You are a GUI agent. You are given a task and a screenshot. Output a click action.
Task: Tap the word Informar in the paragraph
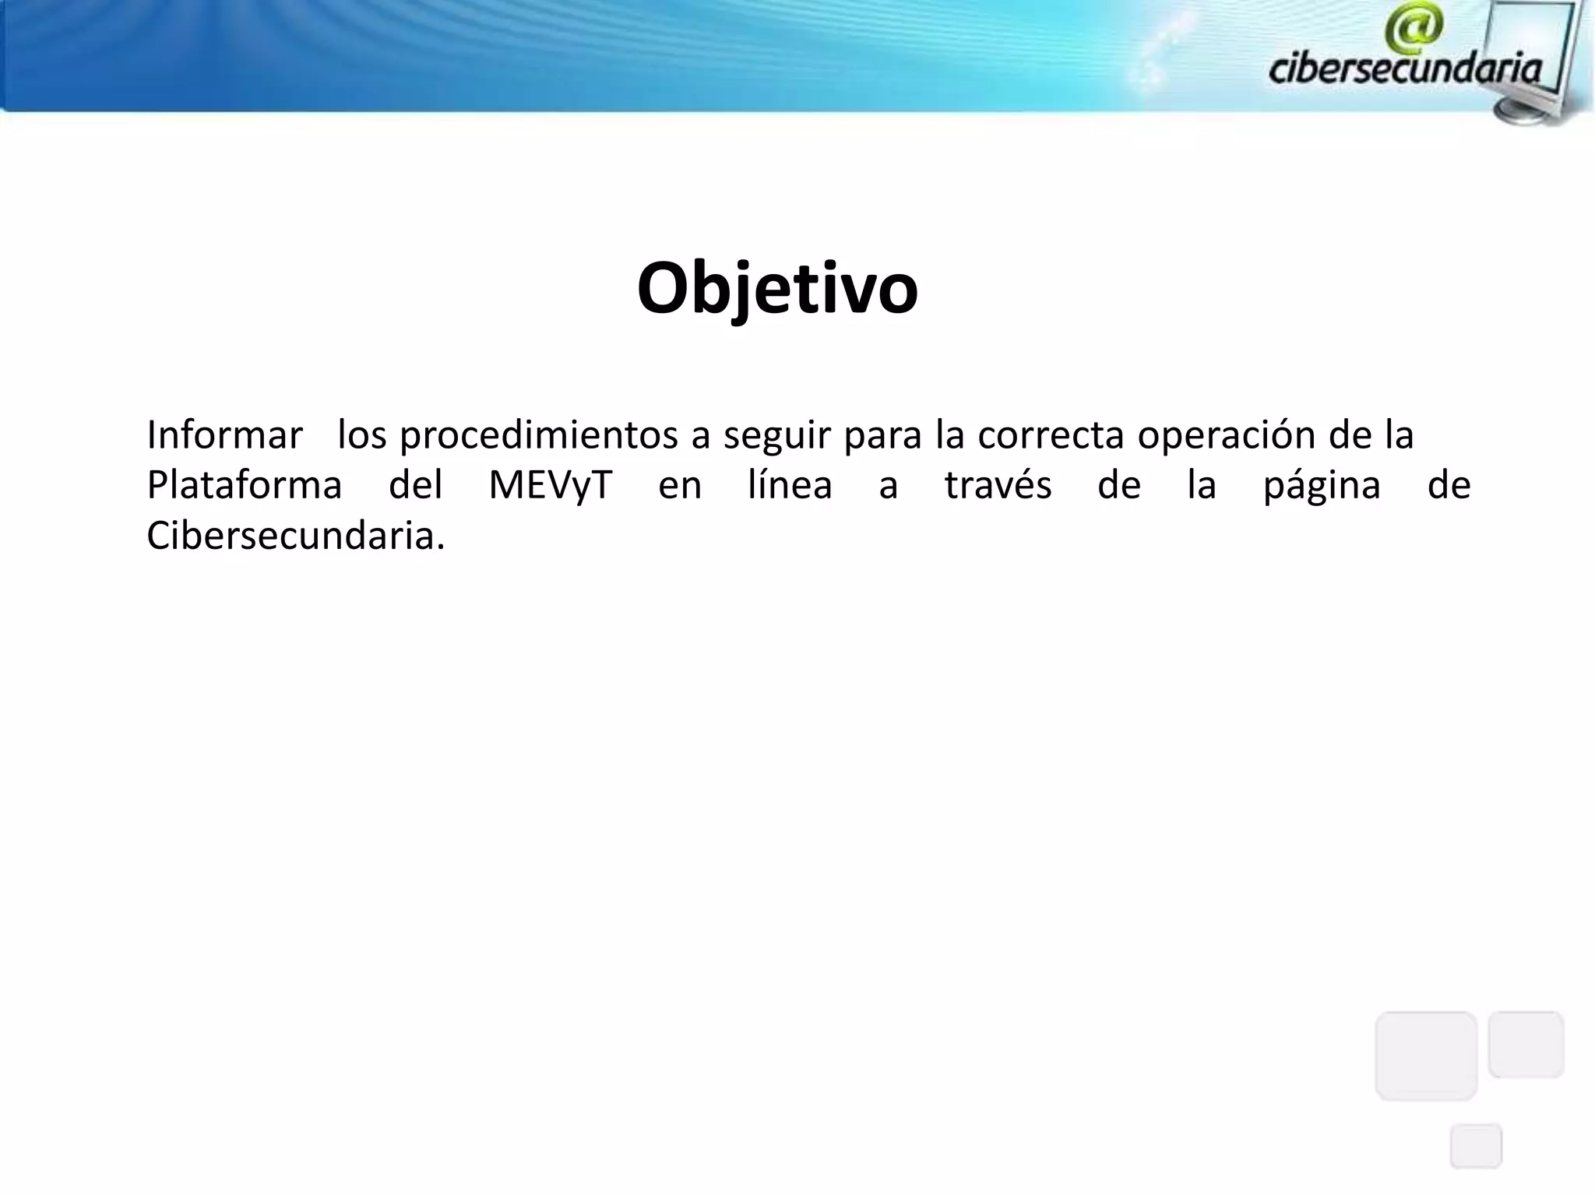coord(224,435)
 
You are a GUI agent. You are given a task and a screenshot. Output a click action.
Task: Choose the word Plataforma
coord(245,485)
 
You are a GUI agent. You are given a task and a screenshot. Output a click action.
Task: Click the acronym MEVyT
coord(550,485)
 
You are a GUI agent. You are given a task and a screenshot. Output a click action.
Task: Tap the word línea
coord(790,485)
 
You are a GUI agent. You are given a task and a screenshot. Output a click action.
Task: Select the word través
coord(998,485)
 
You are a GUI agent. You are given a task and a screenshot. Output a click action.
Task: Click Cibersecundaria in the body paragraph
coord(296,536)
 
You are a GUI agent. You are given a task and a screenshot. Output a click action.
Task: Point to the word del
coord(415,485)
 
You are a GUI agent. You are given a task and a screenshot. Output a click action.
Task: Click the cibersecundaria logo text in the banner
coord(1405,69)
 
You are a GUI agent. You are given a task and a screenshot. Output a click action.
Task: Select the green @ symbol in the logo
coord(1414,26)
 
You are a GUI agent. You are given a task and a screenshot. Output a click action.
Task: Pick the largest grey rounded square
coord(1426,1055)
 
